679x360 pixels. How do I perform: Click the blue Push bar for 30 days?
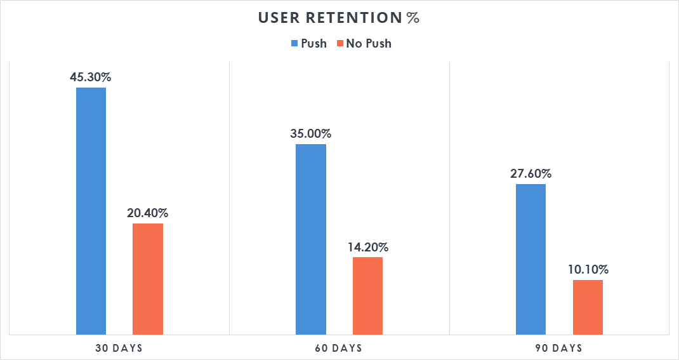click(91, 211)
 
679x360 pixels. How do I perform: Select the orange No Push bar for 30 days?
click(148, 279)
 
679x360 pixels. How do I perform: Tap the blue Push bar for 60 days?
click(311, 239)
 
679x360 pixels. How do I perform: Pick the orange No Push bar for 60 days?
click(367, 295)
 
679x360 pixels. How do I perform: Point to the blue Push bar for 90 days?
click(531, 259)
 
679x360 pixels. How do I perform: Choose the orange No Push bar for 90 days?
click(588, 307)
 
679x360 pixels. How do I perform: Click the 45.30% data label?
click(91, 77)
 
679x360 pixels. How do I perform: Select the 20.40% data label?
click(148, 213)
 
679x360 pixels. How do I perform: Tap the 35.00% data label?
click(311, 134)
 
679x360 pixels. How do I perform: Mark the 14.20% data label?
click(367, 247)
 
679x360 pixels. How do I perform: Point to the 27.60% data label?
click(531, 174)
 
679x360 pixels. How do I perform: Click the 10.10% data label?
click(588, 270)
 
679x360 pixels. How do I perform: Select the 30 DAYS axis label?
click(119, 348)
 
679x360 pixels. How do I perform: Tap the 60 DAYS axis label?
click(339, 348)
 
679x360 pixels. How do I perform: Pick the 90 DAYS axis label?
click(559, 348)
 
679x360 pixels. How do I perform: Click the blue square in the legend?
click(294, 44)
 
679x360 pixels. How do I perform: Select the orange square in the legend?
click(340, 44)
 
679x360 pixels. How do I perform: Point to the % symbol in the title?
click(413, 18)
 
